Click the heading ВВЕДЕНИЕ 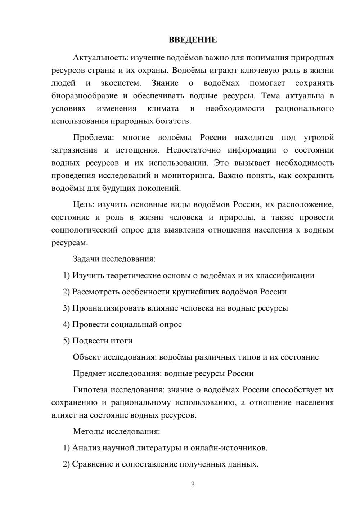[x=193, y=40]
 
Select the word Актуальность [x=100, y=58]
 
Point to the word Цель [x=84, y=205]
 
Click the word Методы [x=89, y=431]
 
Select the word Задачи [x=86, y=259]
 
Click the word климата [x=163, y=108]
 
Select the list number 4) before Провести [x=66, y=324]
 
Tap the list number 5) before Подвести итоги [x=66, y=341]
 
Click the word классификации [x=285, y=275]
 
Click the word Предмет [x=87, y=373]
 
